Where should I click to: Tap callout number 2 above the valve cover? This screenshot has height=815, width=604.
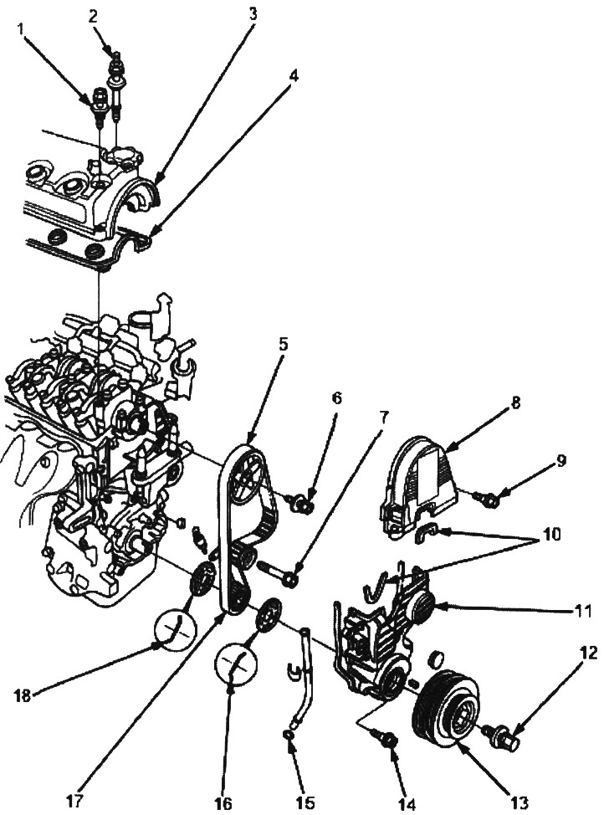click(94, 15)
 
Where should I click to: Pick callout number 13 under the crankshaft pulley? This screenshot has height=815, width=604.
click(520, 802)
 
